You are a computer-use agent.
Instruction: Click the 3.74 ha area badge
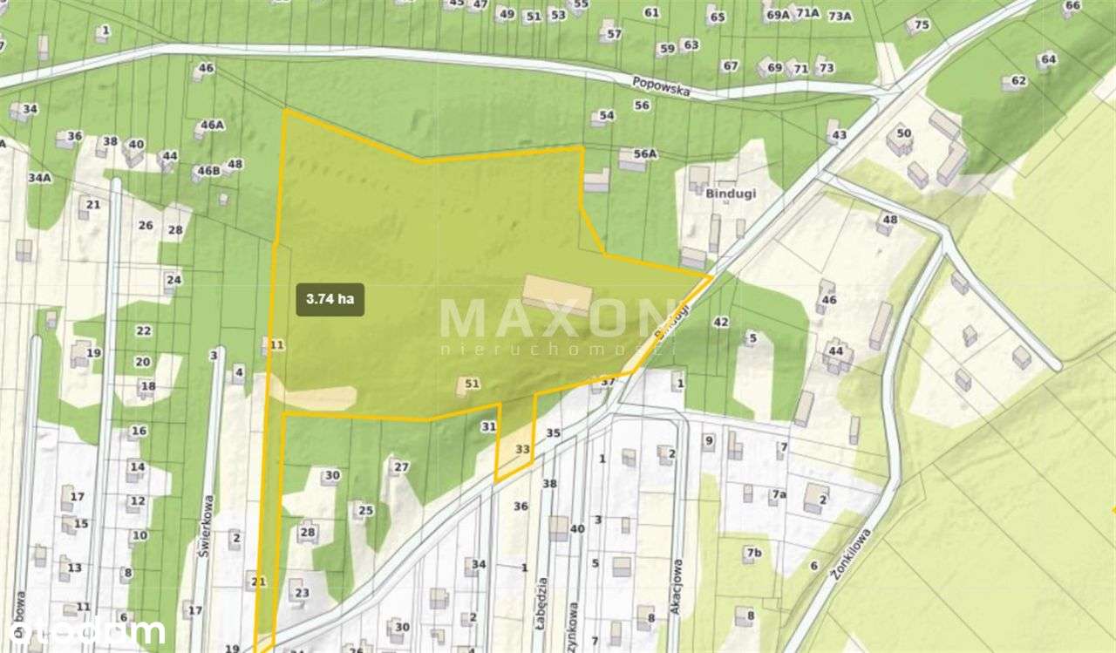pos(330,299)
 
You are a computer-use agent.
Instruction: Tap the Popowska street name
pos(661,85)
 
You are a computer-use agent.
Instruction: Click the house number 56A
pos(644,153)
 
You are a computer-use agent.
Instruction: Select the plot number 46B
pos(208,171)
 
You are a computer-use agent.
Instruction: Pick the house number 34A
pos(39,178)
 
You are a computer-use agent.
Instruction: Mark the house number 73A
pos(840,16)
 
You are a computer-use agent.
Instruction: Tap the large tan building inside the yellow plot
pos(558,294)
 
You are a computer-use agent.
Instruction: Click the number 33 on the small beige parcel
pos(522,449)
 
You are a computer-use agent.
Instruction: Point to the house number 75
pos(922,24)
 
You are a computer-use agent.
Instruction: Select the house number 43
pos(839,135)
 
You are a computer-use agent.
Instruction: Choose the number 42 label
pos(720,322)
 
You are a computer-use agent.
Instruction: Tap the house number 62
pos(1018,81)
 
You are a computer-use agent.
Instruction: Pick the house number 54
pos(607,115)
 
